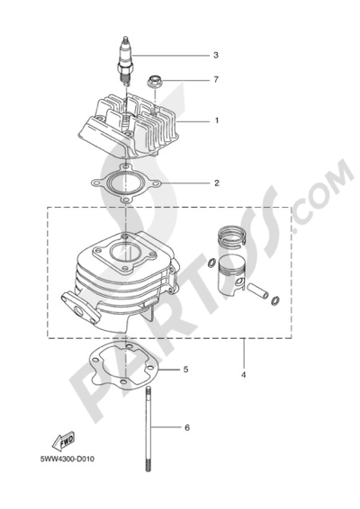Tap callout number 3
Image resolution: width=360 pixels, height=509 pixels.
pyautogui.click(x=216, y=55)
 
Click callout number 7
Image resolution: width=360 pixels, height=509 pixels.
pyautogui.click(x=216, y=79)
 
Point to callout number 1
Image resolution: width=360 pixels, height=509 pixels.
pyautogui.click(x=217, y=121)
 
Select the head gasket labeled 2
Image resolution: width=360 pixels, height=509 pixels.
pyautogui.click(x=126, y=183)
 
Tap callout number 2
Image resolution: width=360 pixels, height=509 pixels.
pyautogui.click(x=217, y=183)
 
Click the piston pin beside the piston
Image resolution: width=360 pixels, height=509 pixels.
pyautogui.click(x=257, y=290)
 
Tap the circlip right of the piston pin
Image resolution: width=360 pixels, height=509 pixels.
pyautogui.click(x=275, y=300)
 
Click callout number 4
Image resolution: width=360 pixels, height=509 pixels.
pyautogui.click(x=243, y=375)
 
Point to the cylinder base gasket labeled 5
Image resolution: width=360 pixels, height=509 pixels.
pyautogui.click(x=122, y=366)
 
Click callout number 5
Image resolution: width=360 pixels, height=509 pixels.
pyautogui.click(x=185, y=370)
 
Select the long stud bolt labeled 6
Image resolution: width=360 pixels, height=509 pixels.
pyautogui.click(x=148, y=430)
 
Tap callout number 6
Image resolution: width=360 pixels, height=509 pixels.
pyautogui.click(x=187, y=428)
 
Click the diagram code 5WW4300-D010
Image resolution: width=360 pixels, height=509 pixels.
pyautogui.click(x=67, y=460)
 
